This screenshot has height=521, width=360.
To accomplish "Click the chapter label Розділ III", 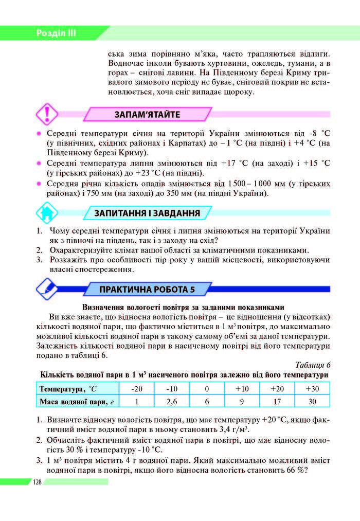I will [x=56, y=33].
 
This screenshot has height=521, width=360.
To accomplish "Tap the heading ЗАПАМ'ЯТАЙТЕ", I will [x=147, y=114].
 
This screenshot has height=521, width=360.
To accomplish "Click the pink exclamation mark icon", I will [x=47, y=114].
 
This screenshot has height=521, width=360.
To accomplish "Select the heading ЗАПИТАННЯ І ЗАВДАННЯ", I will [x=147, y=213].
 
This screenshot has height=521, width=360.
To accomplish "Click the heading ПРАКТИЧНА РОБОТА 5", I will [x=147, y=289].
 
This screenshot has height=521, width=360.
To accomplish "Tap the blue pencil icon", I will [x=47, y=288].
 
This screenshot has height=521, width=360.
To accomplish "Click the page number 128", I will [x=37, y=482].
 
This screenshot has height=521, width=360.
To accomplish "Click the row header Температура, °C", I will [x=68, y=388].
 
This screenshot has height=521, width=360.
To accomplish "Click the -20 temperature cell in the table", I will [x=137, y=388].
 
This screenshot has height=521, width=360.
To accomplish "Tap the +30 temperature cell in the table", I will [x=312, y=388].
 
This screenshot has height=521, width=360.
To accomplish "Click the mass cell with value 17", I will [x=277, y=402].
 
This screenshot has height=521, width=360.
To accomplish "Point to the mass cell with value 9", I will [x=242, y=402].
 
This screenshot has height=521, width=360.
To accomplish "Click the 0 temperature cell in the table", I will [x=207, y=388].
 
